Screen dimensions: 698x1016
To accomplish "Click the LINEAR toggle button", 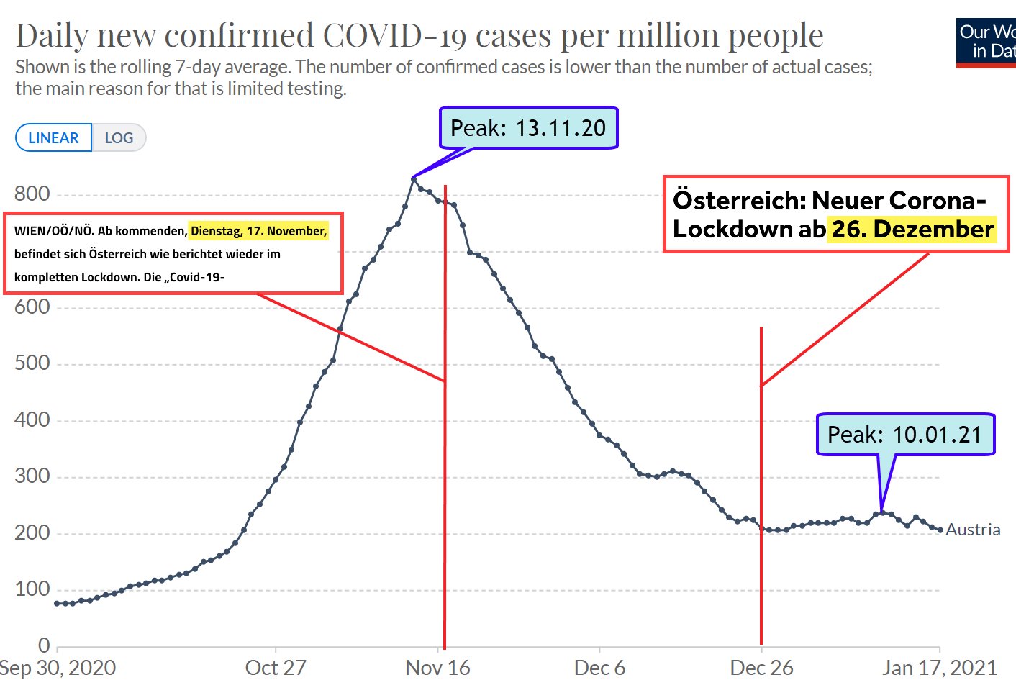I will pyautogui.click(x=53, y=138).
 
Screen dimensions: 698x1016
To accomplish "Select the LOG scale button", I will pyautogui.click(x=119, y=138).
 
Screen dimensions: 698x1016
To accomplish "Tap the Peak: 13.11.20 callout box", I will pyautogui.click(x=528, y=128).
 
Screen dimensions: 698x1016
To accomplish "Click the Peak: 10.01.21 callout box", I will pyautogui.click(x=904, y=435).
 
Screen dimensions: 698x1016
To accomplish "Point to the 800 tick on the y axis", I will pyautogui.click(x=32, y=194).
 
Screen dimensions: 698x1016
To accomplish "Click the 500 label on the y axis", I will pyautogui.click(x=32, y=363).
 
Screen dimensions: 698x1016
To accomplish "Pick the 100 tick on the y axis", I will pyautogui.click(x=32, y=589).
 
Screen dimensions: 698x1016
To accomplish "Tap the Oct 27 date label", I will pyautogui.click(x=276, y=668).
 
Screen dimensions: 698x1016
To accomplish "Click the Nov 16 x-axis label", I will pyautogui.click(x=437, y=668).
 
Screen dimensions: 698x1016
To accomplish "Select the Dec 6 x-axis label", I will pyautogui.click(x=599, y=668).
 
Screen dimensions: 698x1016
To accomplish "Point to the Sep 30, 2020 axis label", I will pyautogui.click(x=58, y=668).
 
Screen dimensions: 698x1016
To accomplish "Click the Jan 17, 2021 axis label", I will pyautogui.click(x=939, y=668).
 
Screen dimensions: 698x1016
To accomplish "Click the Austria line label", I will pyautogui.click(x=973, y=530).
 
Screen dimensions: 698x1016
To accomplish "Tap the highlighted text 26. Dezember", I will pyautogui.click(x=912, y=230).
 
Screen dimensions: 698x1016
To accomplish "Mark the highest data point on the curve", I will pyautogui.click(x=414, y=178).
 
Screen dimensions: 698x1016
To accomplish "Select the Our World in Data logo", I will pyautogui.click(x=986, y=42).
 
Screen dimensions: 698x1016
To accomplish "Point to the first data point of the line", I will pyautogui.click(x=58, y=603).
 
